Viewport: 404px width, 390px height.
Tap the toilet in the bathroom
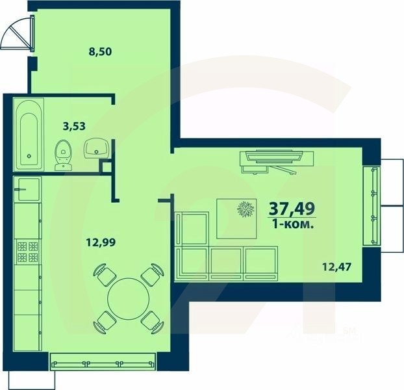[x=64, y=155]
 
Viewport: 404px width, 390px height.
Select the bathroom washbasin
[x=97, y=149]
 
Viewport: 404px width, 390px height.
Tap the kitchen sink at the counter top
[x=27, y=189]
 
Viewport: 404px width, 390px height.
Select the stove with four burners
[x=27, y=252]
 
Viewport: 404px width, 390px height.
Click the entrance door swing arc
[x=16, y=34]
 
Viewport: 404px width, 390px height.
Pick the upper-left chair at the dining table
[x=103, y=274]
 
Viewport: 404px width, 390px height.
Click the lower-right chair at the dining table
[x=151, y=320]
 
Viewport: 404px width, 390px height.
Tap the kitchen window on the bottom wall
[x=103, y=361]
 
